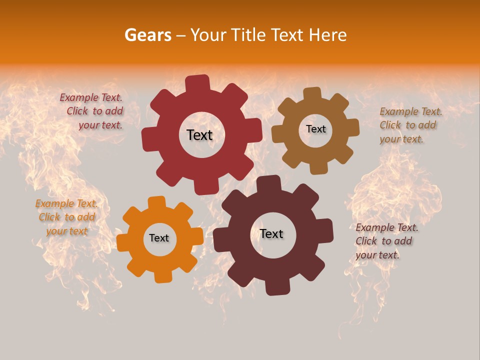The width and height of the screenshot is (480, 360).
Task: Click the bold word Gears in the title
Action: coord(147,35)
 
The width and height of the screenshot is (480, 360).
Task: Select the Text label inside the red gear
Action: coord(199,135)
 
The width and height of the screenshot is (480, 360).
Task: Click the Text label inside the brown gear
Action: coord(315,129)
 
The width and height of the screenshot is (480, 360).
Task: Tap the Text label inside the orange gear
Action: coord(159,238)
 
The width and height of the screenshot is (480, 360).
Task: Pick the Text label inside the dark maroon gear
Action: coord(271,234)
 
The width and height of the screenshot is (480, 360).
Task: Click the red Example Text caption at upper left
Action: coord(92,111)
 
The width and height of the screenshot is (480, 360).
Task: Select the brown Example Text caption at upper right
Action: coord(410,125)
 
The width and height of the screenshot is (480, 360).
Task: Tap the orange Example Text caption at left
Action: coord(66,217)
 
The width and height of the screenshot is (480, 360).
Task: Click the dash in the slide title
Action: coord(181,35)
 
